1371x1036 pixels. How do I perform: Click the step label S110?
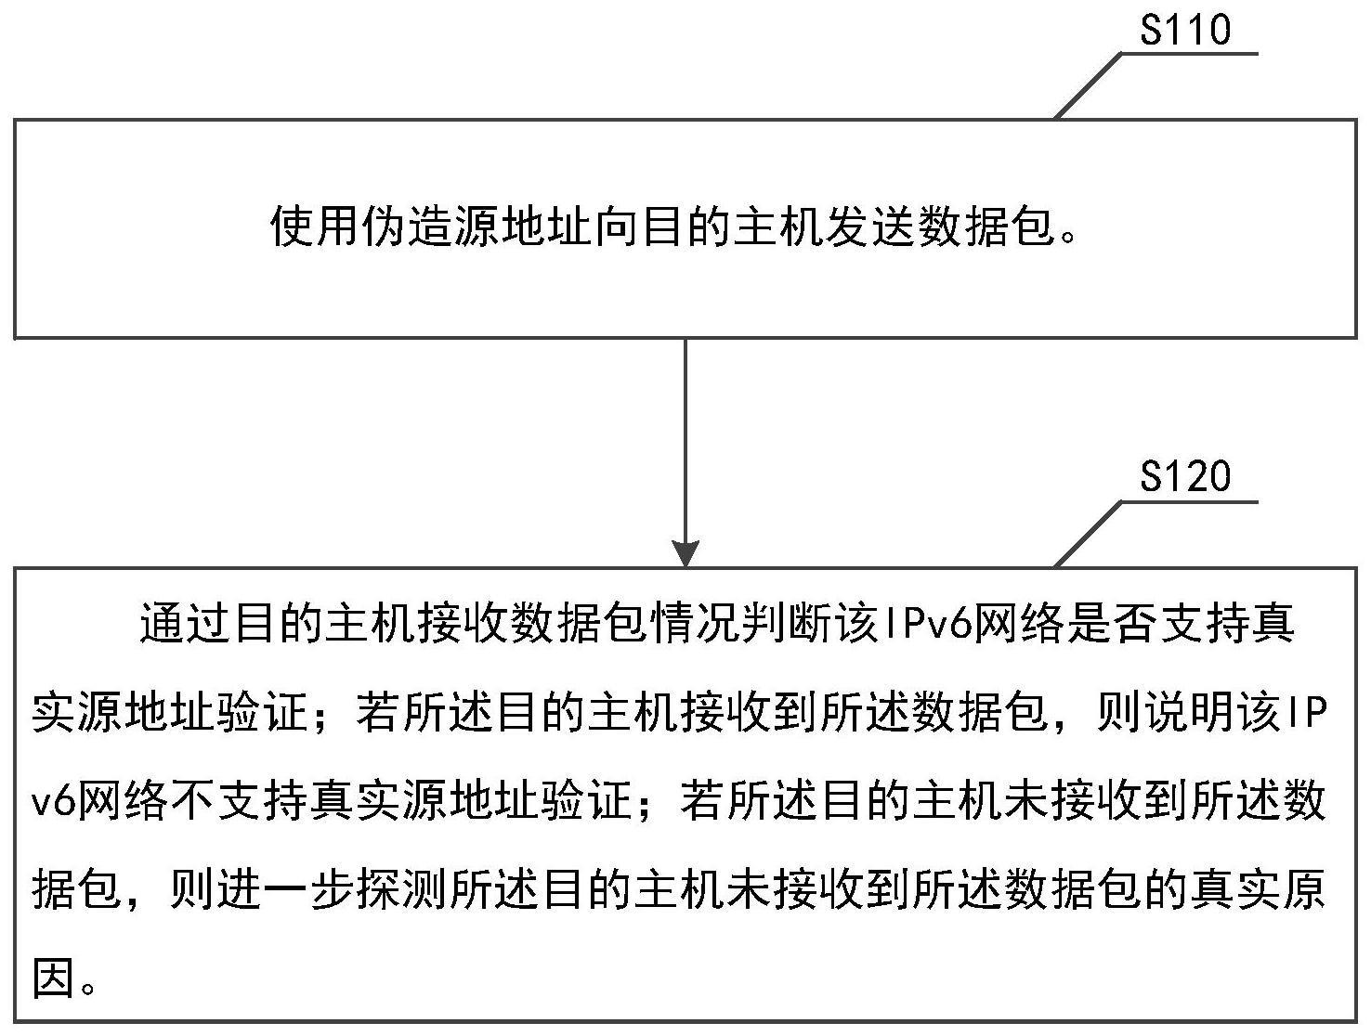(1185, 30)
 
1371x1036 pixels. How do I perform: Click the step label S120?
(1185, 476)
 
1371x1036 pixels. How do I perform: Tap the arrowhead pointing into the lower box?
(685, 553)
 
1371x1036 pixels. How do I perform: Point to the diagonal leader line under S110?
(1088, 86)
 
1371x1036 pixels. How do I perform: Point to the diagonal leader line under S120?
(1088, 534)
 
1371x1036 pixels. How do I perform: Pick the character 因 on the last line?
(55, 978)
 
